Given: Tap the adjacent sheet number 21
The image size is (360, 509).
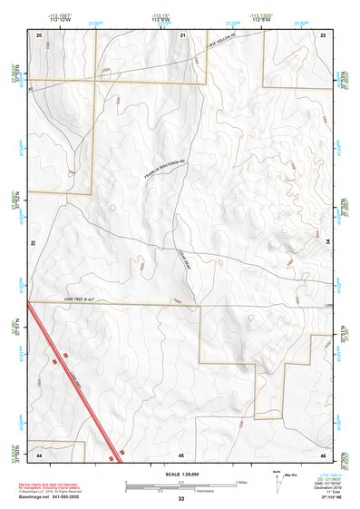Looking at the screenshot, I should [x=182, y=34].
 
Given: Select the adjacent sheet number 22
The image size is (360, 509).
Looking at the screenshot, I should [x=323, y=34].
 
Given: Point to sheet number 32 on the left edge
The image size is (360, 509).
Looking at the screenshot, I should [x=33, y=243].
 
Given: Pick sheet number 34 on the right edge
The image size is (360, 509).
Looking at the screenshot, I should [x=327, y=243].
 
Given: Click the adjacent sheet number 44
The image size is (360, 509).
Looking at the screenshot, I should [x=40, y=453].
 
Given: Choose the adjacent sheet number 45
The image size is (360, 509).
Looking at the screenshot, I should [x=182, y=453].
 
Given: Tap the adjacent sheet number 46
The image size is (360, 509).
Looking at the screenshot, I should [x=323, y=453].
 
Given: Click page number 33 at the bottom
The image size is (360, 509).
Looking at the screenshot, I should [x=180, y=499].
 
